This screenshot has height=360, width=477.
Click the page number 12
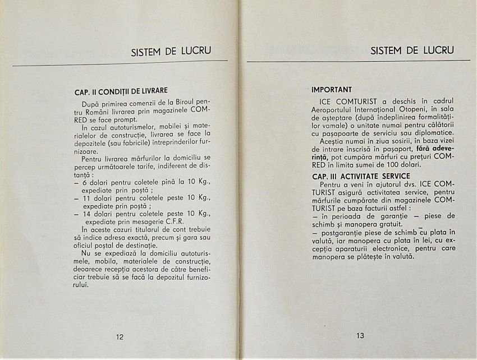click(120, 337)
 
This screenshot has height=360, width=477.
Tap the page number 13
click(360, 336)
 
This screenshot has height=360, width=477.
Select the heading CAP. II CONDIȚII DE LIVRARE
click(121, 91)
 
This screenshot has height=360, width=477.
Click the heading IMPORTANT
click(332, 89)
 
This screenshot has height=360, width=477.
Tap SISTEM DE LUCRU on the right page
click(412, 50)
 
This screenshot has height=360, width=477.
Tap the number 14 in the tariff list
click(86, 214)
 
